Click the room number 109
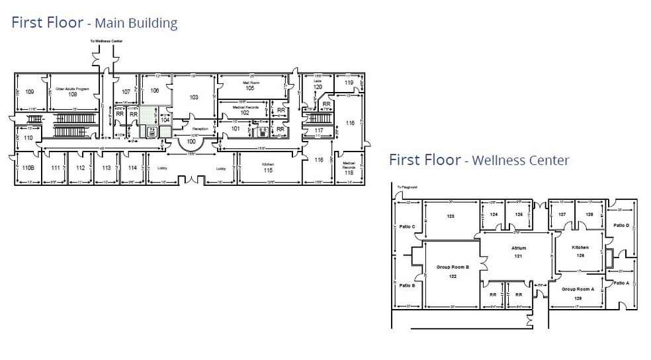pos(30,92)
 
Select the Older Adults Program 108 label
pos(73,91)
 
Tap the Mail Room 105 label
pos(249,85)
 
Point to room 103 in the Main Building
pos(194,97)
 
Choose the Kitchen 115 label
pos(268,167)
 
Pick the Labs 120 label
pos(318,84)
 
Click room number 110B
pos(28,168)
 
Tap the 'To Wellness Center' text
pos(106,42)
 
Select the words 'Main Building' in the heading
pos(136,24)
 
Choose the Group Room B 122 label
pos(453,271)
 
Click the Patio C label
pos(408,227)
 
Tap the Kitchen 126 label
pos(580,251)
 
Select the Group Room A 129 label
pos(578,293)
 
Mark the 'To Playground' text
pos(407,187)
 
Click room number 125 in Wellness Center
pos(519,214)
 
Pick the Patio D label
pos(621,226)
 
